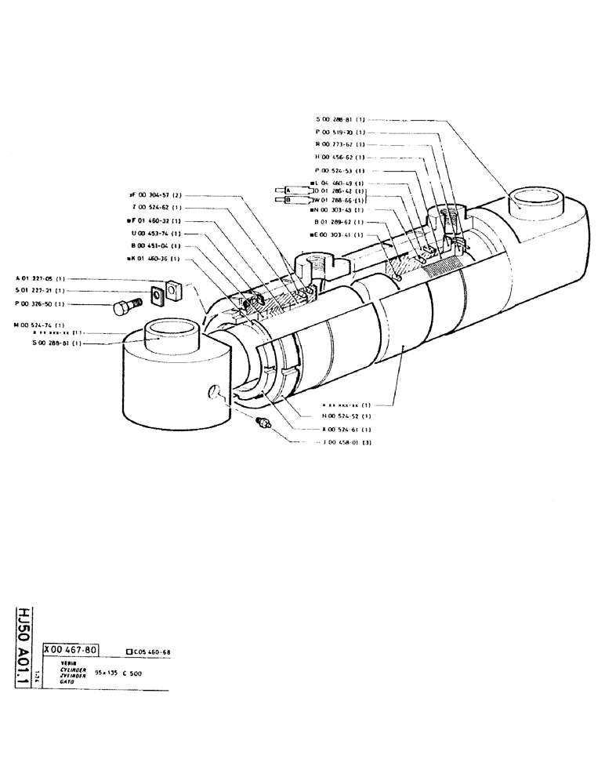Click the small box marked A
288,190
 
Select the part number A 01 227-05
39,278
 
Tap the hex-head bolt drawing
125,307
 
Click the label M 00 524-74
39,324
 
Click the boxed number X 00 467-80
71,650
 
